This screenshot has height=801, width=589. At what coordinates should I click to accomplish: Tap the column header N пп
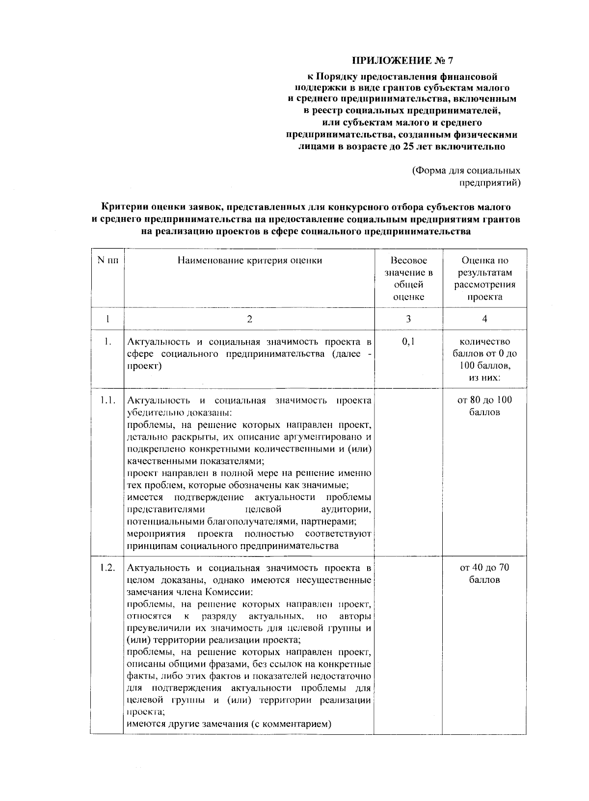[107, 261]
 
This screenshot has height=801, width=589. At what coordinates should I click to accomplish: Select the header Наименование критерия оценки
[249, 261]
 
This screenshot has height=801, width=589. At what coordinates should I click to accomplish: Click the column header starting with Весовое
[408, 278]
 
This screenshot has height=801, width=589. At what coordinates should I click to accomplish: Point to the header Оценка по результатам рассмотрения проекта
[484, 278]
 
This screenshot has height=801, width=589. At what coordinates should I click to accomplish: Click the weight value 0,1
[408, 342]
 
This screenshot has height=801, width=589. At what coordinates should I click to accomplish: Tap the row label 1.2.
[107, 568]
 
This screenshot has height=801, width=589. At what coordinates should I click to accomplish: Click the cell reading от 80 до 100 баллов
[484, 406]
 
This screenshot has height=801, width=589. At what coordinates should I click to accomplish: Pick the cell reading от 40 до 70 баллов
[484, 574]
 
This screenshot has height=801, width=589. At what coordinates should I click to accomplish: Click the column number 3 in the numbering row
[408, 319]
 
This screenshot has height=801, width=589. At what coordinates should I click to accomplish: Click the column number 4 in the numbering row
[484, 319]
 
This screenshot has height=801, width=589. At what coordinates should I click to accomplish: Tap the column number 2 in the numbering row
[249, 319]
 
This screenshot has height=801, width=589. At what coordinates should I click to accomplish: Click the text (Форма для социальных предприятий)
[465, 177]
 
